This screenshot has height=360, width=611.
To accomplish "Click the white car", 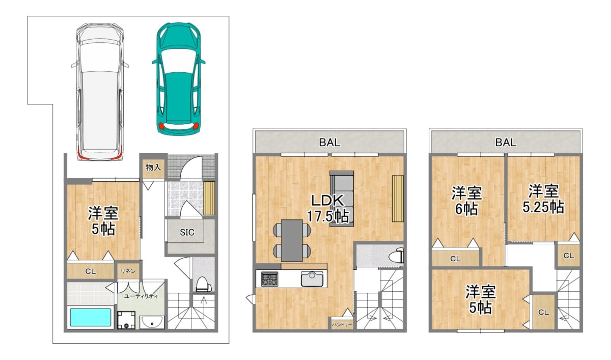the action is (100, 92).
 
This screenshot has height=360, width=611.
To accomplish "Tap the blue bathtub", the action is (91, 317).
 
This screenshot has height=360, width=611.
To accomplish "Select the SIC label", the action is (187, 232).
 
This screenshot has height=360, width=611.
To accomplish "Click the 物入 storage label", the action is (153, 168).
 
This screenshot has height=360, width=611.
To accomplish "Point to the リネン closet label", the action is (128, 271).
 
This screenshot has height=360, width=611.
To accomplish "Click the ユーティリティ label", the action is (141, 296).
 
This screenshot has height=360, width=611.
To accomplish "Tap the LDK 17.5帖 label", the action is (328, 209).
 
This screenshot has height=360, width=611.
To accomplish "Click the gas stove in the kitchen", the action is (269, 279).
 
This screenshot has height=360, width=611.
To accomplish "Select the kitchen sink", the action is (312, 279).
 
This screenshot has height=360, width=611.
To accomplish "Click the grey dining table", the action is (292, 240).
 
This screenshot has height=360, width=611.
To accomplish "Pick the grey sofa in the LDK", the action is (342, 198).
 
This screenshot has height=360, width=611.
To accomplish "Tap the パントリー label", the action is (342, 325).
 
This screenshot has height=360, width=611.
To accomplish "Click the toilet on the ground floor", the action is (204, 285).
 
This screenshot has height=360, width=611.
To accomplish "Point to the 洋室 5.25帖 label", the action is (543, 199).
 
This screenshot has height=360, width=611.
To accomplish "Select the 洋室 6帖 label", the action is (467, 201).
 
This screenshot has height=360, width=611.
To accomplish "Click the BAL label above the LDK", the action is (330, 143).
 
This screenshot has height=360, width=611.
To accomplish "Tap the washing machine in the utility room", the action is (127, 320).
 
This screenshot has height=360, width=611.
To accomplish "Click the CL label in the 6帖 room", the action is (455, 259).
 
